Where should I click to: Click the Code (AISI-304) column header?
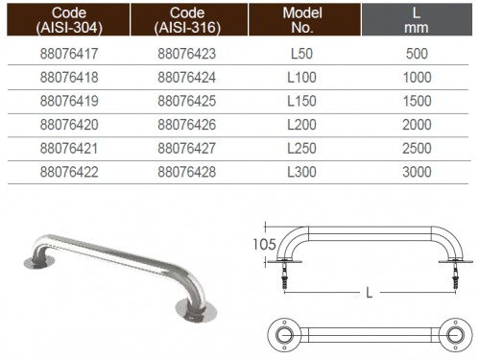[x=68, y=19]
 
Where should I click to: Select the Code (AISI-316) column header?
[x=189, y=19]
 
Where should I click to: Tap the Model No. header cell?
[x=304, y=19]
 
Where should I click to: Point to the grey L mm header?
[x=417, y=19]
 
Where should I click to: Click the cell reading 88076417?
[x=69, y=54]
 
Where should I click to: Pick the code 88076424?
[x=187, y=78]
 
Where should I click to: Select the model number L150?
[x=301, y=101]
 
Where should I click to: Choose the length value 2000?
[x=417, y=125]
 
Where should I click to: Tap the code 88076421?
[x=69, y=149]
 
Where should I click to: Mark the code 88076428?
[x=187, y=172]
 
